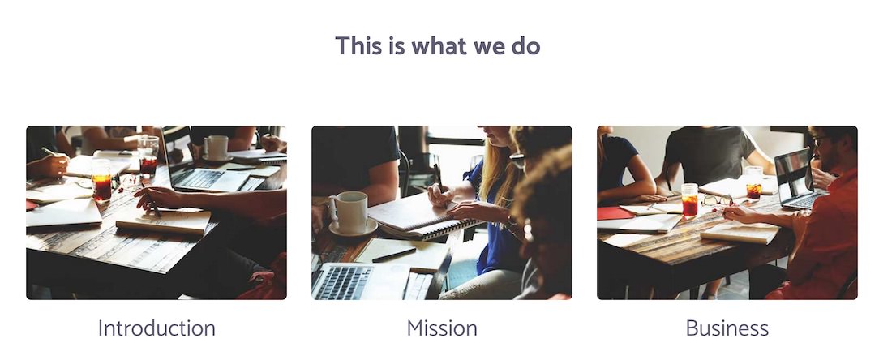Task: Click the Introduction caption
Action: point(157,328)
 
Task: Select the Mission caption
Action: point(442,328)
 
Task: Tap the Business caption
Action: point(727,328)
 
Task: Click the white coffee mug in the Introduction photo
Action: point(217,148)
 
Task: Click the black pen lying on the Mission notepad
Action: point(394,255)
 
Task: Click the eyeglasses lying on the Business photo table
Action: point(717,199)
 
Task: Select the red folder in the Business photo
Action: point(615,213)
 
